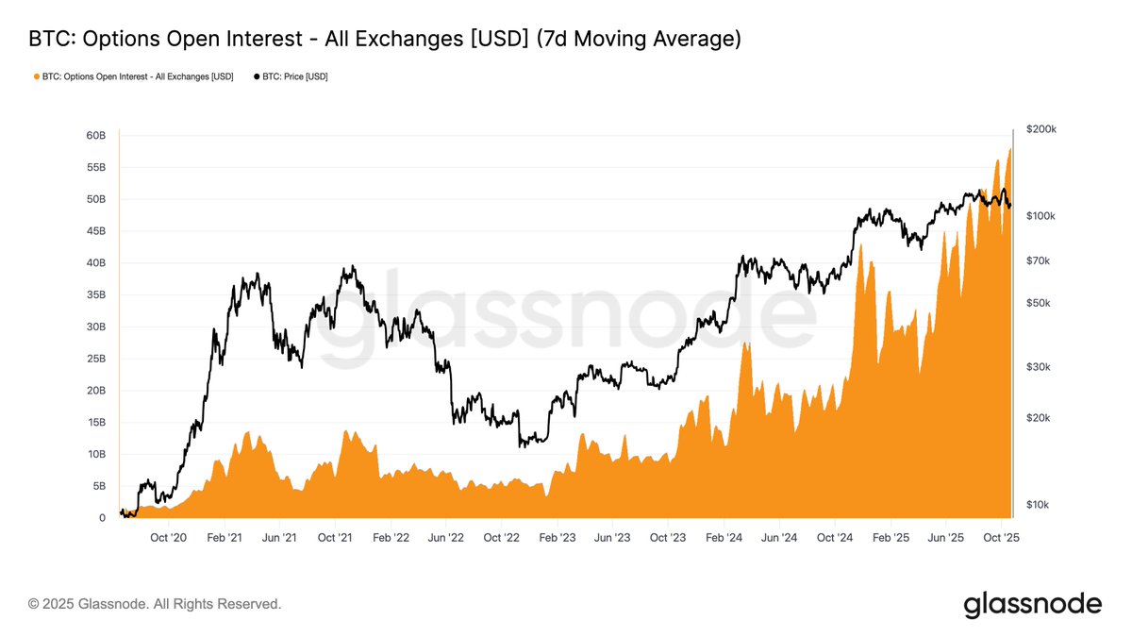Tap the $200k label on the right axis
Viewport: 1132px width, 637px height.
1040,129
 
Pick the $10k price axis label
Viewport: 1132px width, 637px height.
1038,505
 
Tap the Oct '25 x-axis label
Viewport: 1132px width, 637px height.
1001,537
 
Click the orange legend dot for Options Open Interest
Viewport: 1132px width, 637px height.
36,76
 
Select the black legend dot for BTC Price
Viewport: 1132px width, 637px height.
257,76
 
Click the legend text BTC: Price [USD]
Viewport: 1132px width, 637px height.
295,76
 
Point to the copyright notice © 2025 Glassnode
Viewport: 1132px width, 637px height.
155,603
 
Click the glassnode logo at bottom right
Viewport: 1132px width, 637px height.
1032,604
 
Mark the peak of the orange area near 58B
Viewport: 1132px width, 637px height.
1010,149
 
